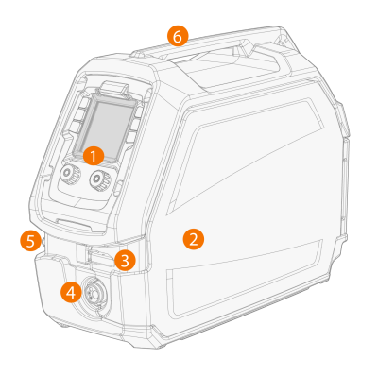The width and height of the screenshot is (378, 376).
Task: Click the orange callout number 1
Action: click(x=94, y=157)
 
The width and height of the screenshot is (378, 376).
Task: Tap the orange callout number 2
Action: click(x=194, y=239)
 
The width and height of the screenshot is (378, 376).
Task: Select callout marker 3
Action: click(x=125, y=261)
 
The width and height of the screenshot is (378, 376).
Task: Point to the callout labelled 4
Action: click(x=71, y=293)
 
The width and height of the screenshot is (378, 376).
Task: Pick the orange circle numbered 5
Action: click(x=30, y=241)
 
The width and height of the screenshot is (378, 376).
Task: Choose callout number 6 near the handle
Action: click(x=178, y=37)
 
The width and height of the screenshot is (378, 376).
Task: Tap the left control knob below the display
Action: click(x=70, y=173)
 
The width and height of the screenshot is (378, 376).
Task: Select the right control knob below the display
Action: click(x=99, y=179)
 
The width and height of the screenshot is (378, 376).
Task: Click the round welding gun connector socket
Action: click(x=94, y=292)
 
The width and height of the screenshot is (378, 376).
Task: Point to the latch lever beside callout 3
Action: click(x=100, y=255)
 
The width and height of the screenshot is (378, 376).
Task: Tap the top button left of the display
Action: click(x=85, y=102)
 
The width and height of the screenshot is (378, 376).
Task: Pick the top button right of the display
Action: click(x=139, y=111)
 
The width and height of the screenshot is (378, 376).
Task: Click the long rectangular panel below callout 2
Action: click(x=245, y=277)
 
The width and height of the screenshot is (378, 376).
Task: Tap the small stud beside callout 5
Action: click(x=43, y=241)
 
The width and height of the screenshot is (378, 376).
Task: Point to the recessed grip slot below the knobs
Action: click(x=73, y=224)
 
